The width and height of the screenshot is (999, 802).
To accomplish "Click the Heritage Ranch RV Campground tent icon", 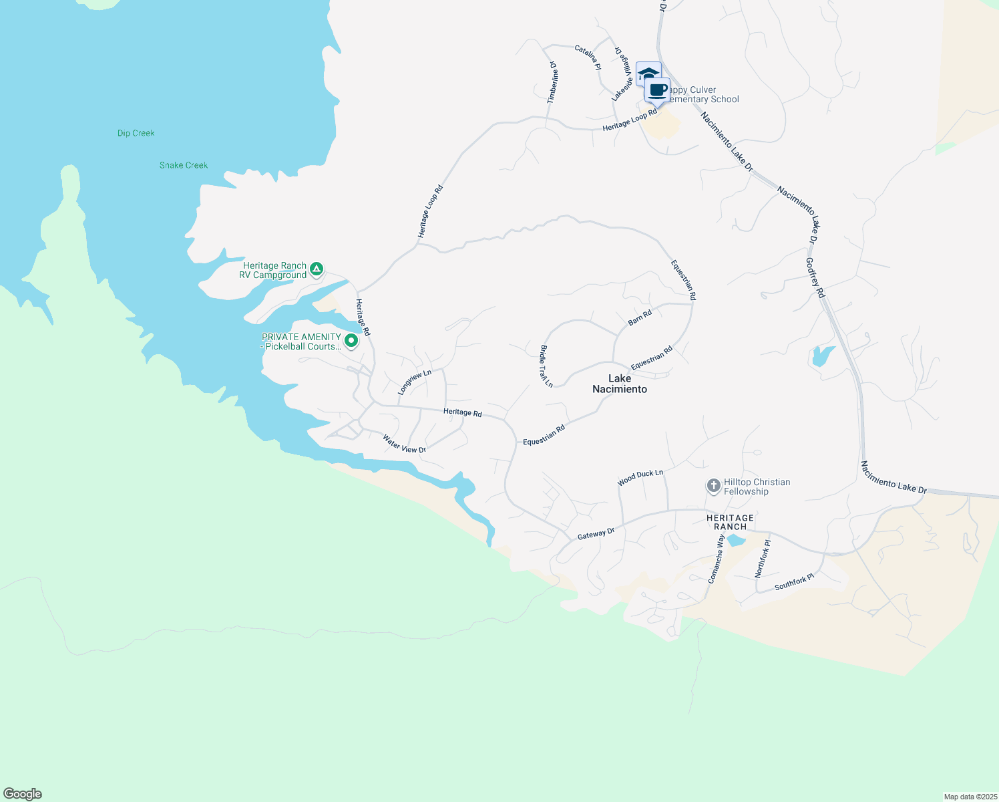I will point(317,269).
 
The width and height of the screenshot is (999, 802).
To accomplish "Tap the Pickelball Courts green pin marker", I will point(351,341).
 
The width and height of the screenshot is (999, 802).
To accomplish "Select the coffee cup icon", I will point(658,91).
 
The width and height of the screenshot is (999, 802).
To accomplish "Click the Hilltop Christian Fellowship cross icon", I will point(713,486).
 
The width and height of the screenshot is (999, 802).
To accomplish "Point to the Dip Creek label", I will point(136,133).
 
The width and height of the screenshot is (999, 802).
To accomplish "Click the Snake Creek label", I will point(184,165).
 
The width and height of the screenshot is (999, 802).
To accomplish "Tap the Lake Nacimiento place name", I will point(620,384).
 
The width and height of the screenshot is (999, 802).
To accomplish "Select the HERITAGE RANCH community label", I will point(730,522).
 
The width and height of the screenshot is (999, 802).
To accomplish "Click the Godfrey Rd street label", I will point(815,278).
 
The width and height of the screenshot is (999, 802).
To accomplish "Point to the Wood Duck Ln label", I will point(640,477).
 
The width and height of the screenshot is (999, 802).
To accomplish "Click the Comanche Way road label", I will point(716,559).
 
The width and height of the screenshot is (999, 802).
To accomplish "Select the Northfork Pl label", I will point(763,559).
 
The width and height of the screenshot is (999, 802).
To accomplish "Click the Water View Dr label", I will point(404,444).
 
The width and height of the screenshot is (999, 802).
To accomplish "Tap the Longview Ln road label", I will point(415,382).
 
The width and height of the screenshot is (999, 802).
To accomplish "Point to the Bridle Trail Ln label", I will point(546,366).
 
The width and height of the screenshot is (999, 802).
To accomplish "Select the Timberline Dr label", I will point(552,82).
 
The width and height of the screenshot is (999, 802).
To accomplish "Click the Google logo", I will point(23,794).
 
